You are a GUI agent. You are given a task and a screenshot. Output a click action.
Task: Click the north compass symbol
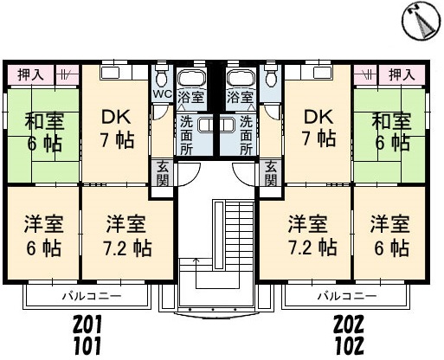point(421,20)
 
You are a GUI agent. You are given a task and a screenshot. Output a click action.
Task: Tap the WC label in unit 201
point(162,93)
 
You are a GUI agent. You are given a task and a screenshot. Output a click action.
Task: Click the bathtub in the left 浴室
point(191,78)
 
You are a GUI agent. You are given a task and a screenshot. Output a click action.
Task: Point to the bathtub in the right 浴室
point(241,78)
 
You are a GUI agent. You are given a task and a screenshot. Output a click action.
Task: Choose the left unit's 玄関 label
point(163,174)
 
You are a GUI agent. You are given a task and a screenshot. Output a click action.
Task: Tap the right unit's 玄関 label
point(271,174)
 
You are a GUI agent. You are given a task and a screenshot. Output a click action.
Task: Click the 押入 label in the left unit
point(30,74)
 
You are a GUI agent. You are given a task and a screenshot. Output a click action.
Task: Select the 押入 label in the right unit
point(402,74)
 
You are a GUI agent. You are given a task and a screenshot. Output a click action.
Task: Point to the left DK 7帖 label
point(117,128)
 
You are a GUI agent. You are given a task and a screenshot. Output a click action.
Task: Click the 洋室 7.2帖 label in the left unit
point(127,235)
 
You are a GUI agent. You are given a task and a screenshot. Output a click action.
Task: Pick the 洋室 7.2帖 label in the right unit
point(312,235)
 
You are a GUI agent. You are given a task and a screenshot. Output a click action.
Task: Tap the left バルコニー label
point(92,296)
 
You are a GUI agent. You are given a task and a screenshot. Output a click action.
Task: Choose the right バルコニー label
point(347,296)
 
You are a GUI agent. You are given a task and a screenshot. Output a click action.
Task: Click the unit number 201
point(87,324)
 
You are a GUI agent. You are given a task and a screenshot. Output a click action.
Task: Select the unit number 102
point(349,346)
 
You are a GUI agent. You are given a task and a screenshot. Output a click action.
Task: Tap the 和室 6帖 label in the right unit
point(391,132)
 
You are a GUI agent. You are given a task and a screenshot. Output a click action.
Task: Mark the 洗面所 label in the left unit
point(187,135)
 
